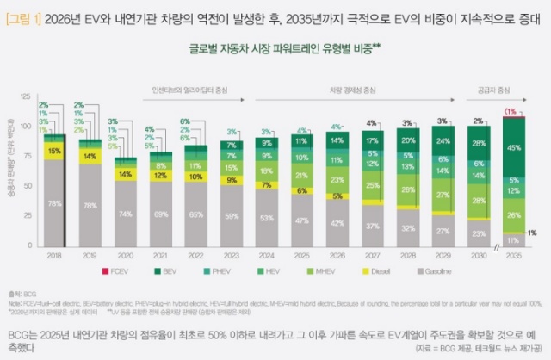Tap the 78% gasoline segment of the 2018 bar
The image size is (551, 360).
[54, 203]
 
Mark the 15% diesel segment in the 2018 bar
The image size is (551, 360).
[54, 151]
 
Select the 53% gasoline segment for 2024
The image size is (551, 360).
[268, 218]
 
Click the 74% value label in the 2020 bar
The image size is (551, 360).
[126, 214]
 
